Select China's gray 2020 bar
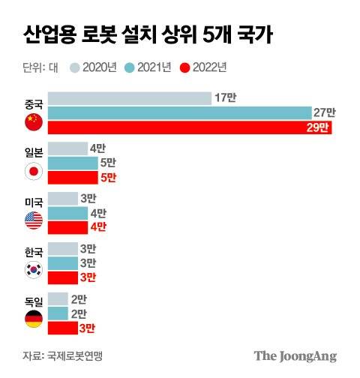128,97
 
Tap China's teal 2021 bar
180,112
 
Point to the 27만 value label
324,112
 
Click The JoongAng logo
295,355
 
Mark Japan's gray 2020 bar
67,148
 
